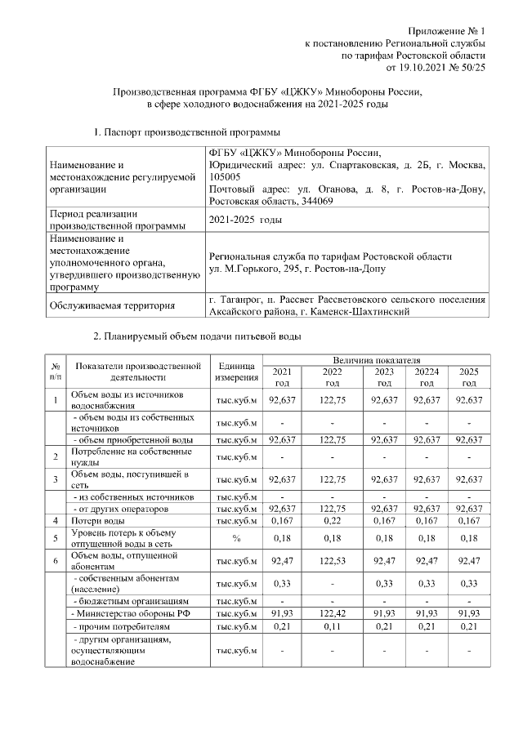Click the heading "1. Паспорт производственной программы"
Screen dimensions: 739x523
click(x=189, y=131)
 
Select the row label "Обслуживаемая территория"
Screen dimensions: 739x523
click(x=114, y=306)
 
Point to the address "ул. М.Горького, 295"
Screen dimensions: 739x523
click(x=259, y=268)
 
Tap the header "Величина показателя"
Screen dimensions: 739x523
click(x=376, y=360)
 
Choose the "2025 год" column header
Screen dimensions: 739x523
click(x=469, y=377)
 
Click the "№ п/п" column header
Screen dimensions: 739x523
click(x=55, y=372)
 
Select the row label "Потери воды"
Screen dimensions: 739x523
click(x=98, y=520)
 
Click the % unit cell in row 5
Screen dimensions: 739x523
click(x=235, y=538)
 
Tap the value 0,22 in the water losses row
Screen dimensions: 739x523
click(x=332, y=520)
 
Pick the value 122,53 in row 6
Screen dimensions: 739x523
click(x=332, y=561)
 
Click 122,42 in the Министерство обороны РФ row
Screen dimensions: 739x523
click(x=332, y=612)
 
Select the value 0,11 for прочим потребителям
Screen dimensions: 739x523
click(x=332, y=626)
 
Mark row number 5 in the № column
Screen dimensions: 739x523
click(x=55, y=538)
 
